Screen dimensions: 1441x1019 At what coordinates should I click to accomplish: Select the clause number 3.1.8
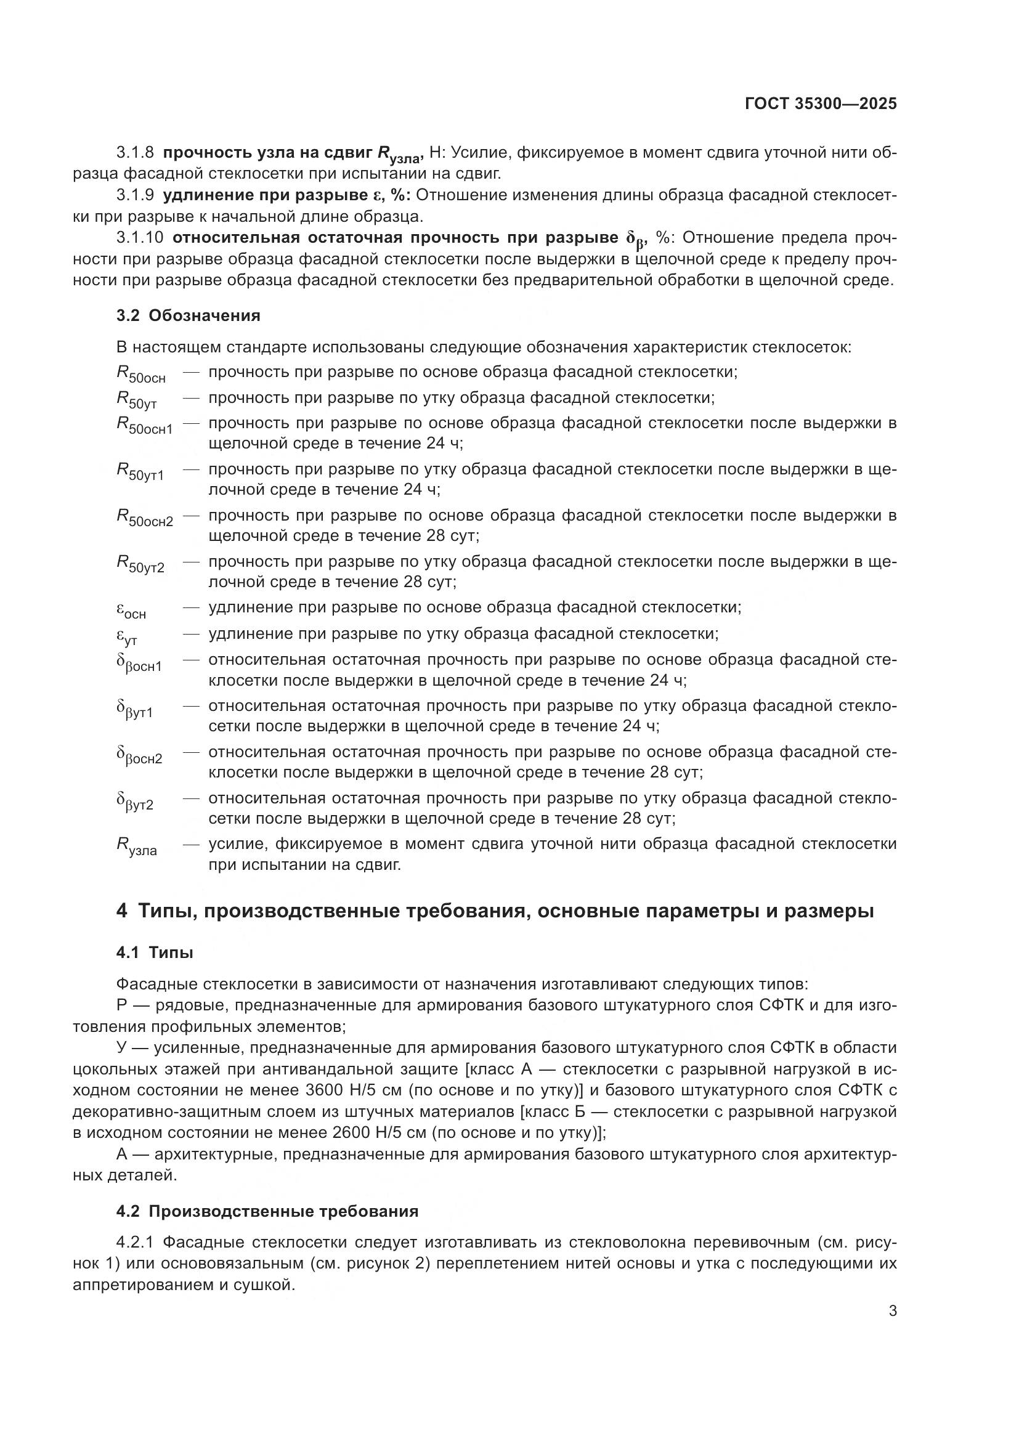click(x=135, y=153)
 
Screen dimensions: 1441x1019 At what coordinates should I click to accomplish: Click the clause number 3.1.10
click(x=139, y=238)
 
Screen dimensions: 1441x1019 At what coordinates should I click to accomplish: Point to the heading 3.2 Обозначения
click(x=189, y=315)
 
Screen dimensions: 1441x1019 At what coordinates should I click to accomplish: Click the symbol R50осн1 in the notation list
click(x=144, y=426)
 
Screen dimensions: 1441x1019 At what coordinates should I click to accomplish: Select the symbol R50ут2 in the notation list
click(x=140, y=564)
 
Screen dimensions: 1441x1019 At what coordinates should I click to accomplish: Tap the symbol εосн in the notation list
click(x=131, y=610)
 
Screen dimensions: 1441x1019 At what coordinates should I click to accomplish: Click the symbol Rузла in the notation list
click(x=136, y=846)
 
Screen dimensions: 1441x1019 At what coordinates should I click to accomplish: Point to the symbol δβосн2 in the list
click(x=139, y=755)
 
